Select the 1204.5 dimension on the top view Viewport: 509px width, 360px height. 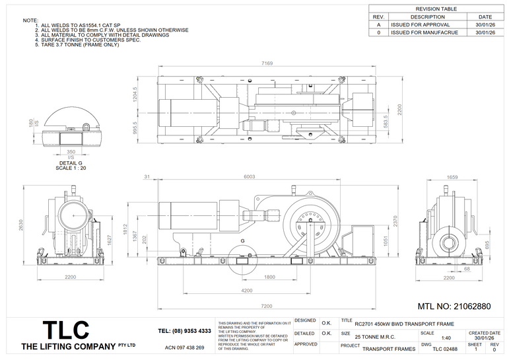[135, 95]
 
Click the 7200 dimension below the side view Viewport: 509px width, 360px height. [266, 306]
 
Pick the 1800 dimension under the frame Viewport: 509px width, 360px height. [270, 277]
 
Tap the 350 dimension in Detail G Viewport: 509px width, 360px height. [71, 151]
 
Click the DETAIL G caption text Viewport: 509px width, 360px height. [71, 162]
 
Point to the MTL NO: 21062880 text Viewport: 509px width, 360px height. [454, 307]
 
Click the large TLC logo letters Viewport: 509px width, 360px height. [65, 330]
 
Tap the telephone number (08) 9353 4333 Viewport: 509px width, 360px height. [185, 330]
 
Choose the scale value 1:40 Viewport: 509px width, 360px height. [446, 338]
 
